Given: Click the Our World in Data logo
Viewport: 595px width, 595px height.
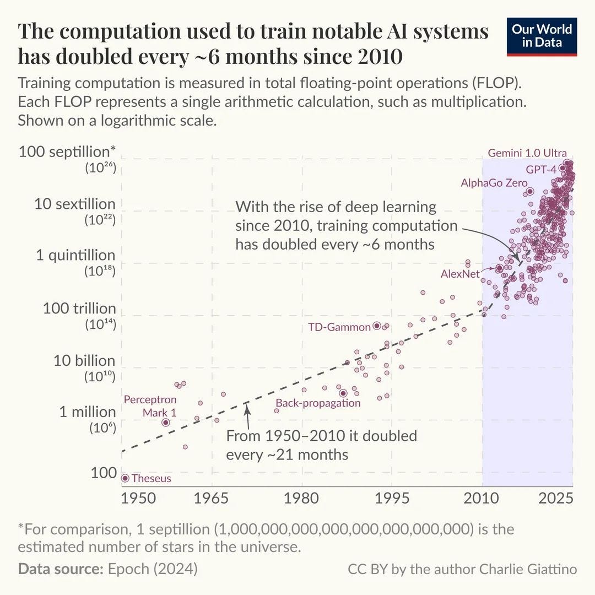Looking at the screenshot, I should (x=542, y=36).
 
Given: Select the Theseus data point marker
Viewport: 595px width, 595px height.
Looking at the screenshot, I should (x=125, y=478).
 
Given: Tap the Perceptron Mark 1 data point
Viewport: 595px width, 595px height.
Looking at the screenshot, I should (x=165, y=422).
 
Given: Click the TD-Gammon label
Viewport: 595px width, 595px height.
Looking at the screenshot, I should (x=339, y=327).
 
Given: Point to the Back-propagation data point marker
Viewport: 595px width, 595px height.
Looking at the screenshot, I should (x=343, y=393).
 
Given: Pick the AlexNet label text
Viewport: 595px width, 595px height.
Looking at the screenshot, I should (x=460, y=273).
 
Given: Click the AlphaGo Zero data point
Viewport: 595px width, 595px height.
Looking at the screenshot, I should (x=530, y=191).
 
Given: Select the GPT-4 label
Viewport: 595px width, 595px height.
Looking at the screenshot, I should (x=541, y=169).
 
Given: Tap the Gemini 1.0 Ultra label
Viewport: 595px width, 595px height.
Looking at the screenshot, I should (x=527, y=153).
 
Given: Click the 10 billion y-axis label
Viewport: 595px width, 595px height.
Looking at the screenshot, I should (x=84, y=361).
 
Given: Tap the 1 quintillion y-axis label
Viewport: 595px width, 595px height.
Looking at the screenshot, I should (x=76, y=256).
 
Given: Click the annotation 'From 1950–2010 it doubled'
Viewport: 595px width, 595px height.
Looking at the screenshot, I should (x=321, y=436).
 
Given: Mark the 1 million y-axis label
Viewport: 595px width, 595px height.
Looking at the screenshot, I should (x=87, y=412).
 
